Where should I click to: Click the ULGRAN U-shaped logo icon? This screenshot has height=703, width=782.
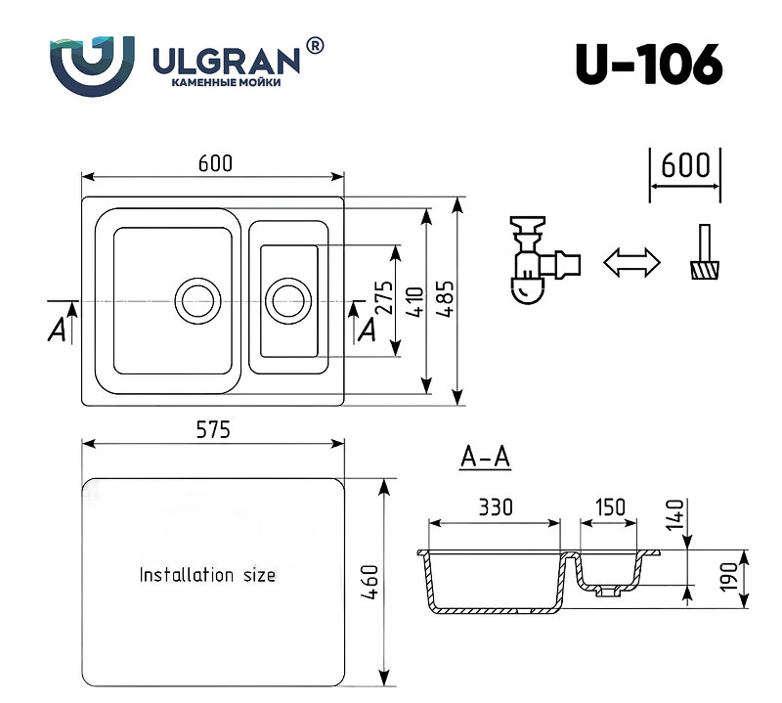[92, 66]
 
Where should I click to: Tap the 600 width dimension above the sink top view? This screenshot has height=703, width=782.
[215, 164]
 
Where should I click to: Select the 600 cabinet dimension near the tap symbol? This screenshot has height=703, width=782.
[684, 164]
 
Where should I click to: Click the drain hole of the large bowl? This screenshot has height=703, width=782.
[196, 298]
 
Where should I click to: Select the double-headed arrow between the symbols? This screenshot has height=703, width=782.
[630, 262]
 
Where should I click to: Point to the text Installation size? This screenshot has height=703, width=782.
[207, 575]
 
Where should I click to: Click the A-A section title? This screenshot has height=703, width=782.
[486, 457]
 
